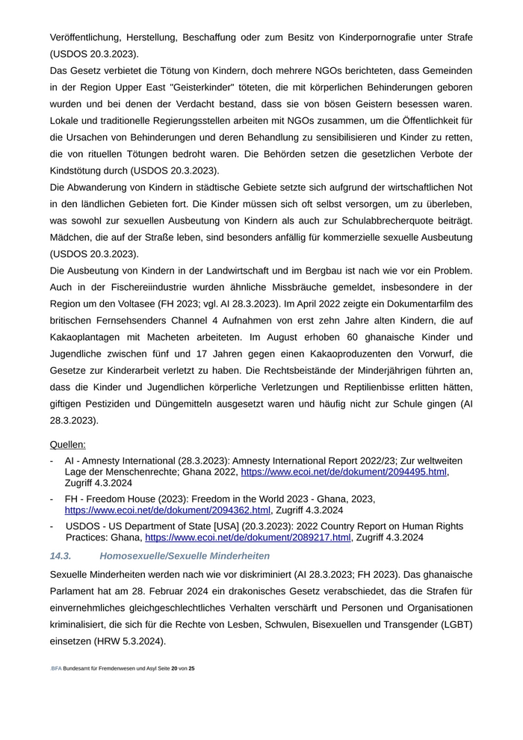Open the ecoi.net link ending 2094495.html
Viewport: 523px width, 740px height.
click(x=344, y=472)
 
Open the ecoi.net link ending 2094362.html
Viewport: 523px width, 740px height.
click(x=167, y=511)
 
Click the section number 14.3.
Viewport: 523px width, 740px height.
click(x=61, y=556)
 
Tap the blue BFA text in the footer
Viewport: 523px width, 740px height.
click(x=56, y=667)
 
